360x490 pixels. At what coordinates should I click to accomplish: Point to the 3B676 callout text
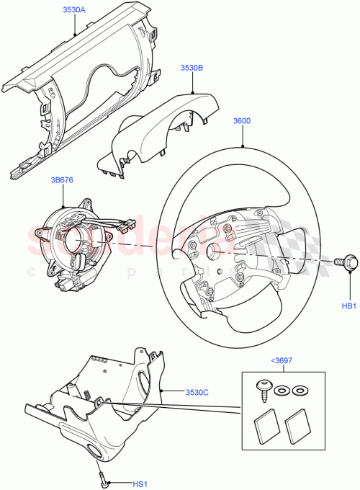click(x=63, y=179)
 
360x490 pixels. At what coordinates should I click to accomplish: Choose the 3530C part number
click(x=197, y=392)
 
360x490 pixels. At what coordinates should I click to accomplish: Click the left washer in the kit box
click(x=283, y=390)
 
